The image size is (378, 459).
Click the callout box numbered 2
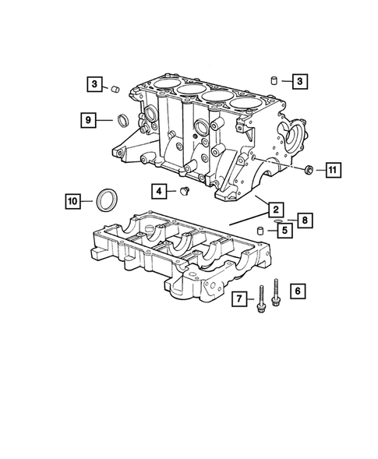pos(274,208)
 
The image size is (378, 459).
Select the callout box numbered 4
pos(159,190)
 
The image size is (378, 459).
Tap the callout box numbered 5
pos(284,230)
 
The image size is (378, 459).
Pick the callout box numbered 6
pos(296,291)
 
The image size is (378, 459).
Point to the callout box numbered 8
pos(305,221)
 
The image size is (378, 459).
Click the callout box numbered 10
pos(72,202)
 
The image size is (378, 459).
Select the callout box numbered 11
pos(332,169)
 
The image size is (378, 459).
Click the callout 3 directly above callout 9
pos(93,83)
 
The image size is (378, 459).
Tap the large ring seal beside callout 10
pos(105,200)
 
